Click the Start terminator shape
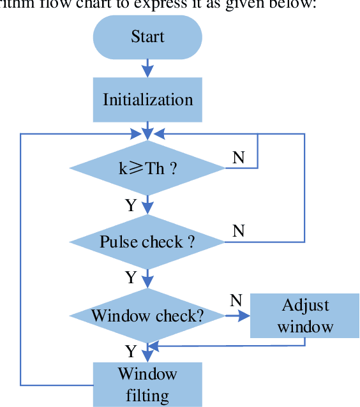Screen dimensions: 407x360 (x=147, y=36)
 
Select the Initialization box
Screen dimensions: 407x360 (x=147, y=100)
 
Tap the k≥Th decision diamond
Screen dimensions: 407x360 (x=147, y=168)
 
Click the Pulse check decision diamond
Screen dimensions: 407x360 (x=147, y=242)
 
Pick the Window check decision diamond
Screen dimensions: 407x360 (x=147, y=315)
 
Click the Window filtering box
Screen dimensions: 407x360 (x=147, y=384)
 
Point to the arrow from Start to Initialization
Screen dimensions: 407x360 (x=147, y=67)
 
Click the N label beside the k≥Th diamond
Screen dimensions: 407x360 (x=238, y=157)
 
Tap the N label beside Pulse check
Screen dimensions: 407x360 (x=238, y=230)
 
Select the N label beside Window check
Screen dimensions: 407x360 (x=235, y=300)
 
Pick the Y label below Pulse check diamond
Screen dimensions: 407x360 (x=131, y=277)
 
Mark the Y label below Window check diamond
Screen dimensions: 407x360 (x=131, y=351)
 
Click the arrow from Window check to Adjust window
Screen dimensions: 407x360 (x=237, y=315)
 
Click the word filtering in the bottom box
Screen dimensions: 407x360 (x=147, y=395)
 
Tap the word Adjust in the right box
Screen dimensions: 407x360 (x=305, y=304)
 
